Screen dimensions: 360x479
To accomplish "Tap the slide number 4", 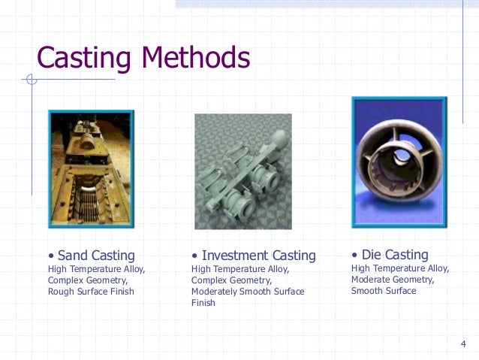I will (463, 344).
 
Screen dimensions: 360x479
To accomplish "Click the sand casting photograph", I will (91, 168).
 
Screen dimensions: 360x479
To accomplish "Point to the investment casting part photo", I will (243, 171).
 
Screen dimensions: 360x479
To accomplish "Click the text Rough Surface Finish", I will (91, 292).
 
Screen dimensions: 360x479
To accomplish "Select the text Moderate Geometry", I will (393, 280).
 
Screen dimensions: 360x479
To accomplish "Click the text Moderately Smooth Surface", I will (248, 292).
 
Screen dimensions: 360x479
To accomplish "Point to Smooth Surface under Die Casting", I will (383, 291).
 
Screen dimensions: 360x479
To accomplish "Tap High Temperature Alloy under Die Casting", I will (399, 268).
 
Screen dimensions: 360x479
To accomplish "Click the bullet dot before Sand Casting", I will (51, 256).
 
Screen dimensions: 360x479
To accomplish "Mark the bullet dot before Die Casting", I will (354, 256).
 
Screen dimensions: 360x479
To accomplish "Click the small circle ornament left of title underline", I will (31, 79).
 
